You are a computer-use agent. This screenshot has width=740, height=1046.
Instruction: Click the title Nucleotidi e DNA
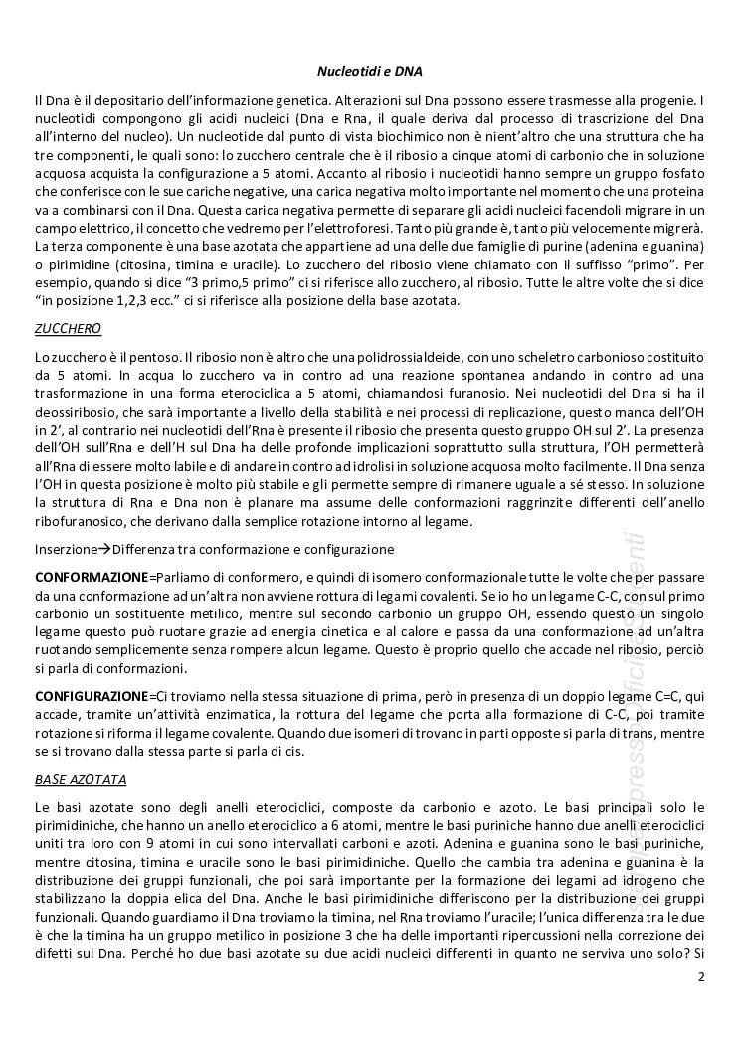369,72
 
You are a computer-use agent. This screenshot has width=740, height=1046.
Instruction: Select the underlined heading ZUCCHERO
68,328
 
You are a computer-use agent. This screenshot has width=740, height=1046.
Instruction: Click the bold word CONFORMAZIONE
91,577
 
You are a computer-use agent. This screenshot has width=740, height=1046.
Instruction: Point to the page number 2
701,977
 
